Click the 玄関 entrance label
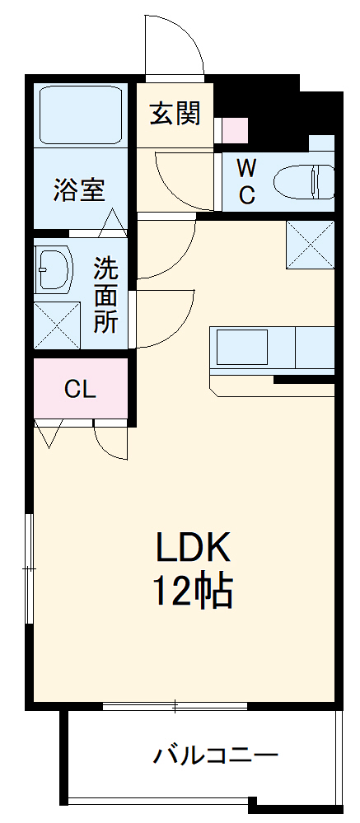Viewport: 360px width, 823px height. pyautogui.click(x=175, y=113)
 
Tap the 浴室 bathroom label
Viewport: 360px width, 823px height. pyautogui.click(x=79, y=190)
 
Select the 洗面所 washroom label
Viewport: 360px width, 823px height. pyautogui.click(x=105, y=294)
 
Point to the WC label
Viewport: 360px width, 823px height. pyautogui.click(x=245, y=182)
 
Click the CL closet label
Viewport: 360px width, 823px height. pyautogui.click(x=80, y=389)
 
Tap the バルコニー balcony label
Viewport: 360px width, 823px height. pyautogui.click(x=216, y=755)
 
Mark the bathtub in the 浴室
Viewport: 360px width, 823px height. pyautogui.click(x=80, y=113)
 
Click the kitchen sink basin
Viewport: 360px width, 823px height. pyautogui.click(x=241, y=348)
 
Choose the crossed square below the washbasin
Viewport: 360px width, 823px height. pyautogui.click(x=57, y=325)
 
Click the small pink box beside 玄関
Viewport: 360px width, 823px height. pyautogui.click(x=234, y=130)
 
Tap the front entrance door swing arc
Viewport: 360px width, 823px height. pyautogui.click(x=175, y=45)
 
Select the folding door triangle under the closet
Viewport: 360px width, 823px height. pyautogui.click(x=48, y=433)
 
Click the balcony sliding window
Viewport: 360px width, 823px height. pyautogui.click(x=175, y=706)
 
